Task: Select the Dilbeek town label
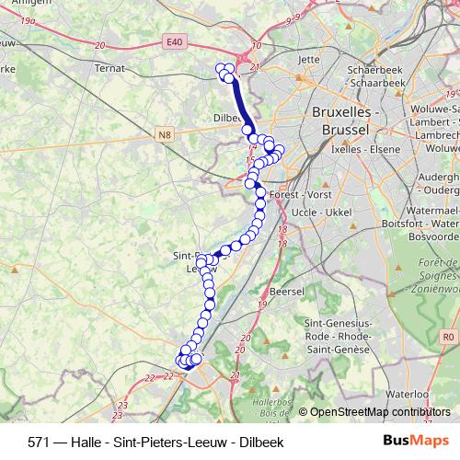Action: [x=226, y=119]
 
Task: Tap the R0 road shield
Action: [x=447, y=338]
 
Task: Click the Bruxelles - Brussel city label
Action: [x=346, y=120]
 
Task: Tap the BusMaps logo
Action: [x=409, y=440]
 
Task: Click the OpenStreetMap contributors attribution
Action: [x=380, y=412]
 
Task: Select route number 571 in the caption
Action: [x=39, y=441]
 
